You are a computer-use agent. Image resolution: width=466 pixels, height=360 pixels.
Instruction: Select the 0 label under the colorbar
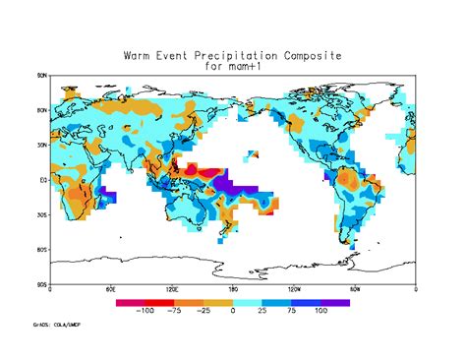pos(233,311)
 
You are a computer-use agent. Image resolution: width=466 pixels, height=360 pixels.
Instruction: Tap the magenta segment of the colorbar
pos(132,302)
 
